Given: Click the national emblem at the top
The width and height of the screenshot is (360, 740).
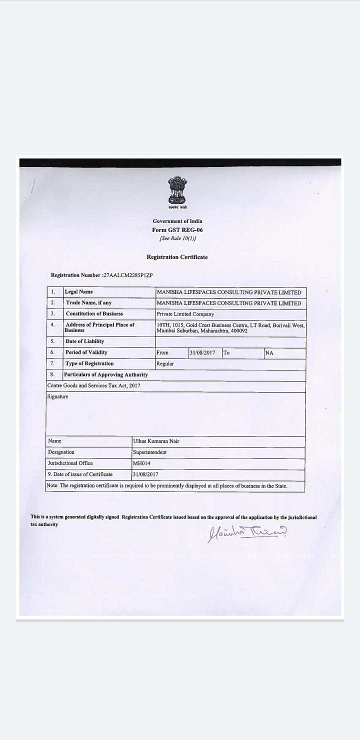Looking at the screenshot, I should click(x=177, y=192).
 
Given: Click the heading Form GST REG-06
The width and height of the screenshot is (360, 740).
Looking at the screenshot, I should click(x=177, y=230).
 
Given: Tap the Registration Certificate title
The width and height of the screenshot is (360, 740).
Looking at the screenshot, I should click(x=177, y=257).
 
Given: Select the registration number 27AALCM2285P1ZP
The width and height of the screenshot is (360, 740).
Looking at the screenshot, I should click(x=128, y=275).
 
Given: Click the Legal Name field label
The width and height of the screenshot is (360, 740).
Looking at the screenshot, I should click(x=79, y=292).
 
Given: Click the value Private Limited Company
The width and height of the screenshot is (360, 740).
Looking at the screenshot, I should click(x=185, y=314).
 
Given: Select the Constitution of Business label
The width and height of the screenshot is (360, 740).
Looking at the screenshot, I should click(x=94, y=314).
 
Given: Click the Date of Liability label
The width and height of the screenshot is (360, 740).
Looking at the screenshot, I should click(x=85, y=341).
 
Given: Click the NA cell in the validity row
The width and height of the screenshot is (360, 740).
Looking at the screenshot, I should click(x=269, y=353).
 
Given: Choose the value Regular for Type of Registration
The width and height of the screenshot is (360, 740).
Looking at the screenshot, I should click(x=165, y=364).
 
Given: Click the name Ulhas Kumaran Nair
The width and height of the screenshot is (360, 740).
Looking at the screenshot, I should click(x=156, y=441).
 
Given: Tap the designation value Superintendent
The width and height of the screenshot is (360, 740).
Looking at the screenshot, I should click(x=150, y=452).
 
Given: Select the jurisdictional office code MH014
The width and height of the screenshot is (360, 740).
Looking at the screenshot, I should click(x=141, y=463).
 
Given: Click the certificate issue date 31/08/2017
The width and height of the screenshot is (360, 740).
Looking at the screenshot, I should click(x=145, y=474).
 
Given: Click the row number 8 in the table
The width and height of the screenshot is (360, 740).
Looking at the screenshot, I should click(x=52, y=374).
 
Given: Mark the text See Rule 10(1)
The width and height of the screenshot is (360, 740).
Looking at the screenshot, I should click(x=177, y=238).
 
